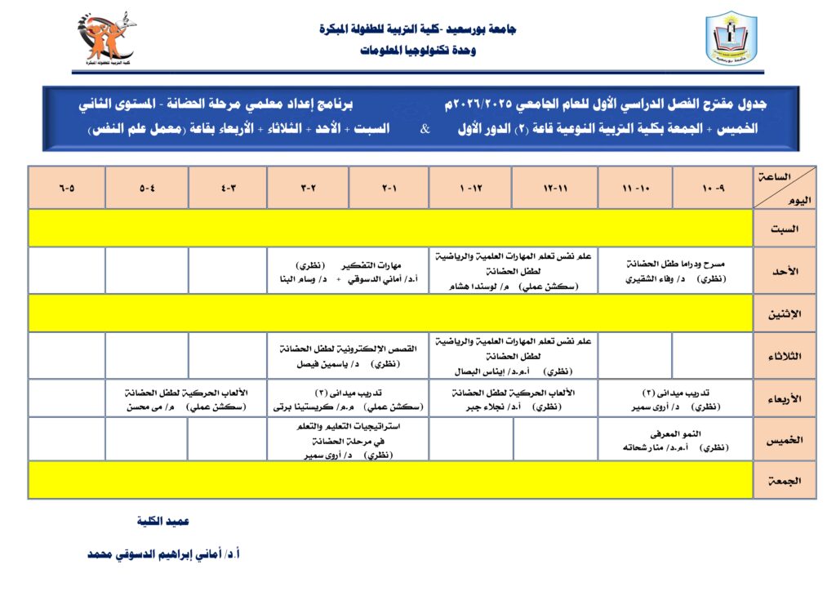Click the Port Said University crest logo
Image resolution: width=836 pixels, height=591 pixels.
point(731,38)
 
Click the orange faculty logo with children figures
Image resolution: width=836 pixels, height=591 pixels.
point(105,38)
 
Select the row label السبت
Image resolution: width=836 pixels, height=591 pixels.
point(785,229)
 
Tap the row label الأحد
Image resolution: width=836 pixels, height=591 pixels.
point(785,271)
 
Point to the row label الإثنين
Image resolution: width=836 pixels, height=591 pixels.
point(785,313)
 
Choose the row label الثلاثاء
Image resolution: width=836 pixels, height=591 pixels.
point(785,356)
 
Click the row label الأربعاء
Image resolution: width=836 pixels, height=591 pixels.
point(785,398)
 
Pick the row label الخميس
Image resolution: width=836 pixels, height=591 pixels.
point(785,440)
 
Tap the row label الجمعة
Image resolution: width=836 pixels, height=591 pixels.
point(785,481)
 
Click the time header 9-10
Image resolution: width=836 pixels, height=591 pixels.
point(713,188)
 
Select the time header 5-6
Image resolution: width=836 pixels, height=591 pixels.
point(67,188)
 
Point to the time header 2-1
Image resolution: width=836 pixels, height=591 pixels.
point(389,188)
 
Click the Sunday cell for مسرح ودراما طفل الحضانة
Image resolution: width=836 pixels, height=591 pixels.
point(674,271)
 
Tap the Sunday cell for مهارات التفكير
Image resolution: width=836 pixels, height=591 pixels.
point(349,271)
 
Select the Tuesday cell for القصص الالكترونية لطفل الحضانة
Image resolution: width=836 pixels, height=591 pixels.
point(349,356)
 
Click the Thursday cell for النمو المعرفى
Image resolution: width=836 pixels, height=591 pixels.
point(674,440)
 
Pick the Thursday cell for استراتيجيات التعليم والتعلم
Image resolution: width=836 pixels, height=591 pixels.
point(349,440)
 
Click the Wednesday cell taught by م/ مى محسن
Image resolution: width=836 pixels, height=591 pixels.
point(188,398)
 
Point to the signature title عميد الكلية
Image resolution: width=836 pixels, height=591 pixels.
point(163,521)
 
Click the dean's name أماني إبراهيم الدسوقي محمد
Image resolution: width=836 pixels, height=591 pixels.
point(163,553)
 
